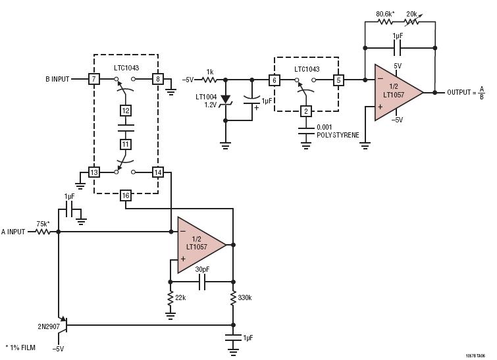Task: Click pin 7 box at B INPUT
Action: [94, 79]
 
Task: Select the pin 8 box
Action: [158, 79]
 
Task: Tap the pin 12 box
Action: [126, 111]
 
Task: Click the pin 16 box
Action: [126, 195]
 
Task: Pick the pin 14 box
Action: [158, 172]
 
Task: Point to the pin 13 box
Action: [94, 172]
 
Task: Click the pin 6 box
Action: [274, 80]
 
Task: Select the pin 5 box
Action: [338, 80]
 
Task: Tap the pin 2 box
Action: [305, 111]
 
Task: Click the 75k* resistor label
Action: [43, 223]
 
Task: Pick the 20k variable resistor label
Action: [411, 13]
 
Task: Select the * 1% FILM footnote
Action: [20, 347]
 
